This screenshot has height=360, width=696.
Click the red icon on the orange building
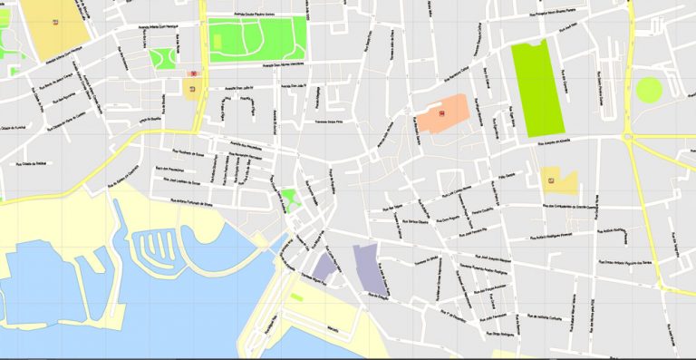tap(442, 113)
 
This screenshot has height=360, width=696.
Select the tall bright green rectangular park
tap(537, 89)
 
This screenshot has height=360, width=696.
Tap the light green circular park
tap(649, 89)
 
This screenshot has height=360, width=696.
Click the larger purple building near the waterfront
tap(372, 270)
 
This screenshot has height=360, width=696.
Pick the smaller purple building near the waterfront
tap(324, 266)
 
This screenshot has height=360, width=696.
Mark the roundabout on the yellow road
tap(628, 137)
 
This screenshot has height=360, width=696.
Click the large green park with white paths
tap(257, 40)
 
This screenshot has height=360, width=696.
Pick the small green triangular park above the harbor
tap(289, 198)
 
